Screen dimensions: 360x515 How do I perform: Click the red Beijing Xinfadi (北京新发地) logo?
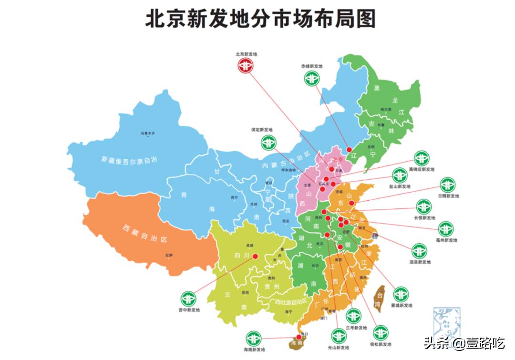246,66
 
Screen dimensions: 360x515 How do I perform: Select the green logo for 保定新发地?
268,142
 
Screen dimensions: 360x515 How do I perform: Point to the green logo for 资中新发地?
188,299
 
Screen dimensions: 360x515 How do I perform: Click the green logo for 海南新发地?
253,339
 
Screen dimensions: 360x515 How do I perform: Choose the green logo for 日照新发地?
447,185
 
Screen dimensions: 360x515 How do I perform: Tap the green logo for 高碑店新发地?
422,158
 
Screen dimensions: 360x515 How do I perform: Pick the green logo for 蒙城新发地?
401,294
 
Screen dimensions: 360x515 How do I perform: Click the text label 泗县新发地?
419,262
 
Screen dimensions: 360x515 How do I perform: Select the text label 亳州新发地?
445,240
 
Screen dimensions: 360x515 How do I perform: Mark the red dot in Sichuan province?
255,256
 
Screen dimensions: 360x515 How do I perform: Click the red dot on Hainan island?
299,337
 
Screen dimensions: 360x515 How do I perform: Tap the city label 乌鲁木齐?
148,133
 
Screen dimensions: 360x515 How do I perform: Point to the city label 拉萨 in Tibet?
169,255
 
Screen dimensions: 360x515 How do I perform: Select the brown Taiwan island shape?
380,298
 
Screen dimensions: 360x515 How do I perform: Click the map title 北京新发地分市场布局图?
260,19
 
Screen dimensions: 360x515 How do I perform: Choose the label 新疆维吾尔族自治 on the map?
129,160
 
